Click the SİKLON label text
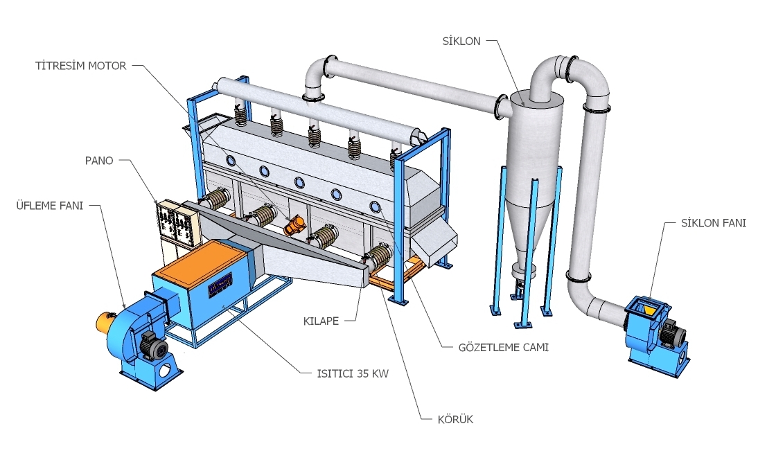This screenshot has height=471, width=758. [461, 42]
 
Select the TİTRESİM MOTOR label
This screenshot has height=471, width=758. [80, 66]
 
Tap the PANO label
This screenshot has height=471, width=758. [100, 160]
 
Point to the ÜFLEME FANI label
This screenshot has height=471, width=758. [50, 205]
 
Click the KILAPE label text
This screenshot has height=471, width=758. [321, 321]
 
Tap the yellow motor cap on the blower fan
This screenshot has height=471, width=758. [103, 321]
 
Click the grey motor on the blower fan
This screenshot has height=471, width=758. [150, 343]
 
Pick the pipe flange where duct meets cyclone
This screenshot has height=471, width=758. [500, 105]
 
